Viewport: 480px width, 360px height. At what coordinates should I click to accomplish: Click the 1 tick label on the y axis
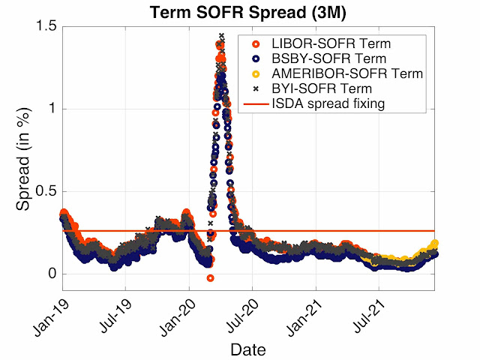[x=53, y=109]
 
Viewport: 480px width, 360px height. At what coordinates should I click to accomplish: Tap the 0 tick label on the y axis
[x=53, y=274]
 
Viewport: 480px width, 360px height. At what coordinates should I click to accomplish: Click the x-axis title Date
[x=248, y=349]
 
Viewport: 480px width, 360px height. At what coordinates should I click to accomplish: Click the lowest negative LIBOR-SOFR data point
[x=211, y=278]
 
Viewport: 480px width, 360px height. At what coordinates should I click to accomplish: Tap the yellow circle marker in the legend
[x=256, y=73]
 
